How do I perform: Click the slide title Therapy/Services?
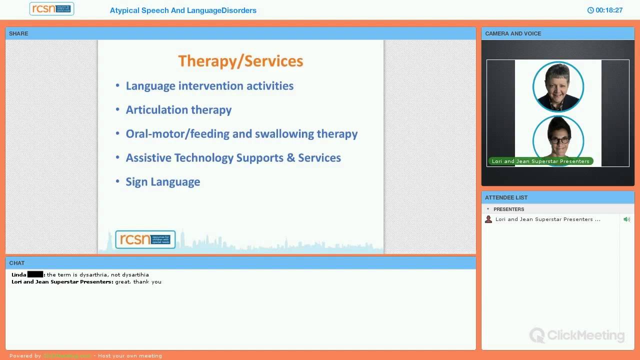pyautogui.click(x=240, y=61)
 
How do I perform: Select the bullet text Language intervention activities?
pyautogui.click(x=209, y=86)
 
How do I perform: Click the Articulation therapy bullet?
pyautogui.click(x=178, y=110)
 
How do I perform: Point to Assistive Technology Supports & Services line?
pyautogui.click(x=233, y=158)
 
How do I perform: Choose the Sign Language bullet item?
pyautogui.click(x=162, y=182)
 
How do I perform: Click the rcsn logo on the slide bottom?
pyautogui.click(x=145, y=239)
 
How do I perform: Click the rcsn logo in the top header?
pyautogui.click(x=51, y=9)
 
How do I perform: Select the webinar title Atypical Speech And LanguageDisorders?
pyautogui.click(x=183, y=10)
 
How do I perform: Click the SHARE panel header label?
pyautogui.click(x=18, y=33)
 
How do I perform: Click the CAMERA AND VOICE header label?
pyautogui.click(x=512, y=33)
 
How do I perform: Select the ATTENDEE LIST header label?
pyautogui.click(x=506, y=197)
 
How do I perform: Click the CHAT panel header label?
pyautogui.click(x=16, y=263)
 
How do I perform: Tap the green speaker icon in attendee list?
pyautogui.click(x=626, y=219)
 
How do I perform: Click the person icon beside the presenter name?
pyautogui.click(x=488, y=219)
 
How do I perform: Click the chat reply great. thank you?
pyautogui.click(x=138, y=282)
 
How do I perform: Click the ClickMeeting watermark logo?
pyautogui.click(x=577, y=335)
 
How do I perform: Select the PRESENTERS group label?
pyautogui.click(x=508, y=209)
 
